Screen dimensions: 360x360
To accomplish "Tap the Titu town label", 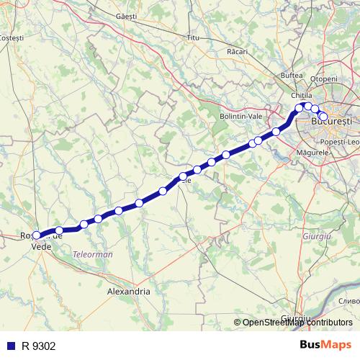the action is pos(192,37).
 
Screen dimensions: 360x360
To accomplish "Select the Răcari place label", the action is pos(237,51).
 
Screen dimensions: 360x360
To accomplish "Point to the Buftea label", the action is pos(292,75).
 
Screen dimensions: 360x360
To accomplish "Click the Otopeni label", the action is pos(323,78).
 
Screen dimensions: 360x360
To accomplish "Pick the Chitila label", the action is pos(302,95).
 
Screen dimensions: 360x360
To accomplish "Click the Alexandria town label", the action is pos(128,292).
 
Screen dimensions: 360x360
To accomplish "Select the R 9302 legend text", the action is pos(39,346).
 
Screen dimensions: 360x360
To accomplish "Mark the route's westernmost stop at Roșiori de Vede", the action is pos(37,235).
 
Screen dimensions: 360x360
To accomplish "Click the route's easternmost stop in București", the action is pos(323,116).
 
